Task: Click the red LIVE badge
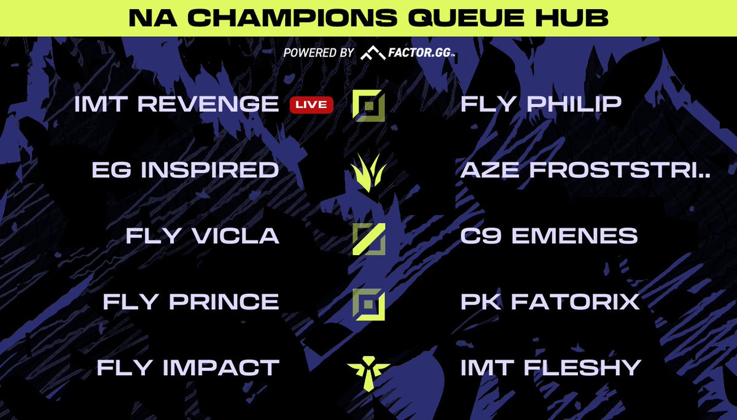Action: click(x=311, y=105)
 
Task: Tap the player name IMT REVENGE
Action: click(x=176, y=104)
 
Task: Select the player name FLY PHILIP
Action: click(x=541, y=104)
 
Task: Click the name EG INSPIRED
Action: click(x=185, y=170)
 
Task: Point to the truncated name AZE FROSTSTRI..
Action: click(x=585, y=170)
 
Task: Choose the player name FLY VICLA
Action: click(x=203, y=236)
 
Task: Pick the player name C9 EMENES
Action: click(x=549, y=236)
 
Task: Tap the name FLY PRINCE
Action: click(x=191, y=302)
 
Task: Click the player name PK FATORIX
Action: click(x=550, y=302)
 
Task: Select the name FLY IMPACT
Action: click(x=188, y=368)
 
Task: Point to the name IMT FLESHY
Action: click(x=551, y=368)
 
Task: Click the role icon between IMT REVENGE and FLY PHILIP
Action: click(x=368, y=105)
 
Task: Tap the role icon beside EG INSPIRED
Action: click(x=368, y=171)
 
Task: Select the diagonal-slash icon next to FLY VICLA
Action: click(x=368, y=239)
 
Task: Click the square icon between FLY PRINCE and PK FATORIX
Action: click(x=368, y=303)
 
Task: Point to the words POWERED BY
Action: click(x=318, y=53)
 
